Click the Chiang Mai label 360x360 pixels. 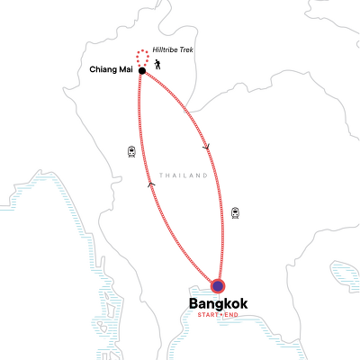point(112,69)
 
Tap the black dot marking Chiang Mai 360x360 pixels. point(142,70)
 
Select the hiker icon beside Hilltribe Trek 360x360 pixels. point(159,64)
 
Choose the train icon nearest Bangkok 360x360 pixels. point(235,213)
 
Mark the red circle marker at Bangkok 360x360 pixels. point(218,286)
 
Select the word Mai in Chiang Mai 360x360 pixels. point(128,69)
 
